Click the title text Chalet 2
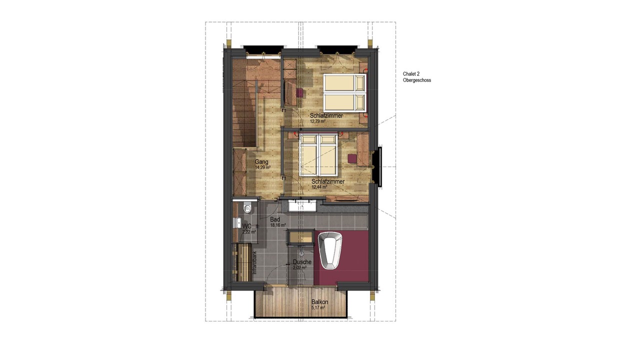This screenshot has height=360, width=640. pos(411,74)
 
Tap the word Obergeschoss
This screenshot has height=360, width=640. pos(417,80)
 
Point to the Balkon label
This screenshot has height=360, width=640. pos(319,302)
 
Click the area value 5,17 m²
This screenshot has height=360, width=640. pos(318,307)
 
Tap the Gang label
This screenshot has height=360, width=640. pos(261,162)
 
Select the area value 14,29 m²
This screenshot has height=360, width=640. pos(263,167)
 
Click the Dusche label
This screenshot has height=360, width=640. pos(302,262)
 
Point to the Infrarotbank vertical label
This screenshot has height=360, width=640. pos(254,263)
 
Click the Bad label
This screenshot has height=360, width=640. pos(275,219)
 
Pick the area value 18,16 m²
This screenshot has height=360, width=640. pos(278,225)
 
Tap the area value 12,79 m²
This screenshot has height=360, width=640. pos(317,121)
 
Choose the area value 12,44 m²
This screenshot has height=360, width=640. pos(319,187)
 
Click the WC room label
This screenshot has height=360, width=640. pos(247,226)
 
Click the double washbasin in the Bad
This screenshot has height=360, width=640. pos(302,206)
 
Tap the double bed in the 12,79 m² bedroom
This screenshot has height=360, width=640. pos(344,92)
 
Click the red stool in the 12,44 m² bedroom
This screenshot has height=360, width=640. pos(352,159)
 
